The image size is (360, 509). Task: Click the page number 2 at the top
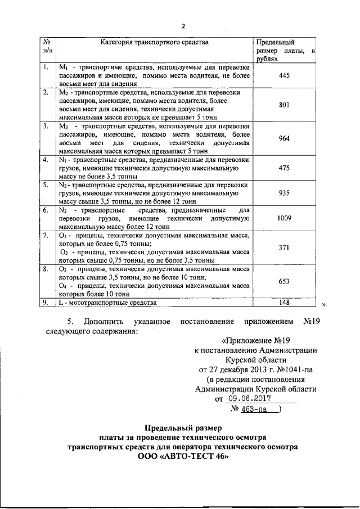183,25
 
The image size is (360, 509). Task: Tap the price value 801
283,104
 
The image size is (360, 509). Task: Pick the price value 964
283,137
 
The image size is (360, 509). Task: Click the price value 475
283,167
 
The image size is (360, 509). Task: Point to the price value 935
283,192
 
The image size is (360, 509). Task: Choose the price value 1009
283,218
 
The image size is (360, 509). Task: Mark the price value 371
283,247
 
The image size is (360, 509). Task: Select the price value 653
283,281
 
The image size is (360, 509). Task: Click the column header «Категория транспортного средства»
154,42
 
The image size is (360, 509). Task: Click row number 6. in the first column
45,210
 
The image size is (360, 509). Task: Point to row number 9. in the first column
45,303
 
